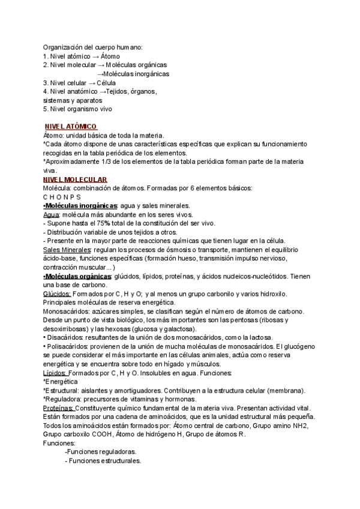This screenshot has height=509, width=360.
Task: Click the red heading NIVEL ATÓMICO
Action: tap(71, 127)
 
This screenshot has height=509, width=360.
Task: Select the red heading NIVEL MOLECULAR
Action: tap(76, 179)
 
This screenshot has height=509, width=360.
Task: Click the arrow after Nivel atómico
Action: tap(96, 56)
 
